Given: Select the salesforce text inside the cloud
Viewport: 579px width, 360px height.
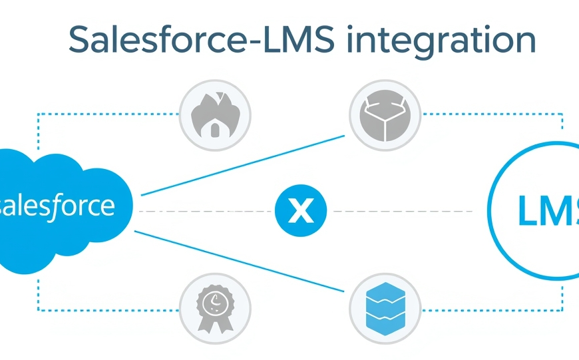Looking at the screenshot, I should [57, 206].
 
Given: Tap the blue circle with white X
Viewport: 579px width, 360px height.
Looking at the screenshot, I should [301, 212].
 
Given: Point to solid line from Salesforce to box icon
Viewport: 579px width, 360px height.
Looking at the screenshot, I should [243, 166].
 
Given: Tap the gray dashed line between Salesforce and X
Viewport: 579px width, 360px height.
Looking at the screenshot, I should [206, 212].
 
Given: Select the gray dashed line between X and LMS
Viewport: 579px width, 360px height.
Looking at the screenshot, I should [399, 212].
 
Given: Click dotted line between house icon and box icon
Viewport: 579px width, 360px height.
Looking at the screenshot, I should [299, 114].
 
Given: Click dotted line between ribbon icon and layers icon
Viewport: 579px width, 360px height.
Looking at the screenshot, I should [299, 310].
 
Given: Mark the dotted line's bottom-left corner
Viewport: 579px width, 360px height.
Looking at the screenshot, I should [38, 310].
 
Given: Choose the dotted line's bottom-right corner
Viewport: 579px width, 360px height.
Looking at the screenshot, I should [563, 310].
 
